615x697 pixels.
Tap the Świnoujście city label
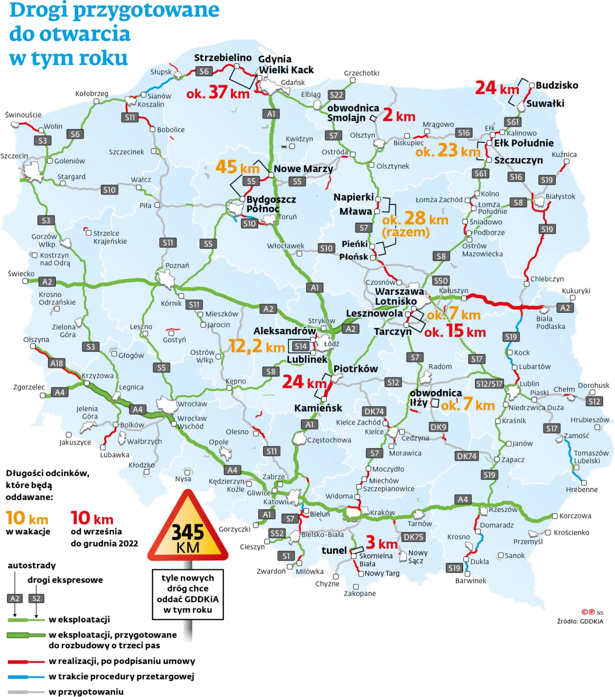(23, 115)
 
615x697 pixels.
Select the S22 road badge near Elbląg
(336, 95)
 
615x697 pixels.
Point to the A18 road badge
(57, 363)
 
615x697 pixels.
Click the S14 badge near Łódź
(300, 346)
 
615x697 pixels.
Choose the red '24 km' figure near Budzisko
(497, 88)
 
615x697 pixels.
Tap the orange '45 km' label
(237, 167)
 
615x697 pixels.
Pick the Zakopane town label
(360, 594)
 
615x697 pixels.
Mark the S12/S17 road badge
(489, 384)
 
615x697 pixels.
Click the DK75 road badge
(413, 537)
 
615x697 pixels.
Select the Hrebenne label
(582, 490)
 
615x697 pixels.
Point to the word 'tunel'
(334, 551)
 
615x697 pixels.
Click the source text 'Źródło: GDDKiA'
(580, 621)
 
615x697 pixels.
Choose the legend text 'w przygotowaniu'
(86, 692)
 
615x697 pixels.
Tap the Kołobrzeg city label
(91, 94)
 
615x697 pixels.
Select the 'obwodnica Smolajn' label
(352, 113)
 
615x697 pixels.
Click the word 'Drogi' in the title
(39, 10)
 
